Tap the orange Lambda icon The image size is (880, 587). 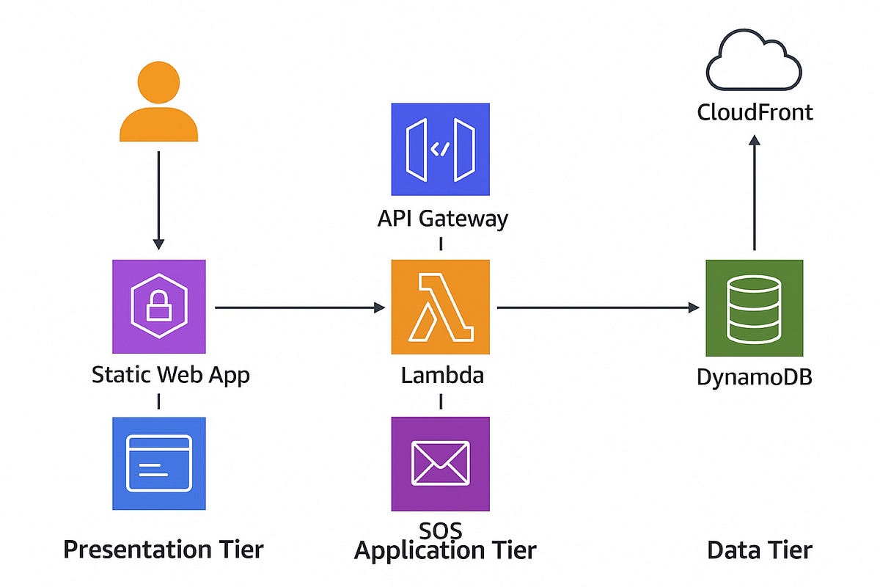pyautogui.click(x=440, y=308)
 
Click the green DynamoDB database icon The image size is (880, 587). pyautogui.click(x=755, y=308)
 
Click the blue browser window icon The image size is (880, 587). pyautogui.click(x=158, y=464)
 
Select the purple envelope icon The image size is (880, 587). pyautogui.click(x=440, y=464)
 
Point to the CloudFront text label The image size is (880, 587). pyautogui.click(x=755, y=112)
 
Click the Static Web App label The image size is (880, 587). pyautogui.click(x=170, y=375)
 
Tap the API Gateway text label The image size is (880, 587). pyautogui.click(x=442, y=219)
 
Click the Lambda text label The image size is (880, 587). pyautogui.click(x=442, y=375)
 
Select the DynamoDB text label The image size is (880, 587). pyautogui.click(x=755, y=378)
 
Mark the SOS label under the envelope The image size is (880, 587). pyautogui.click(x=440, y=528)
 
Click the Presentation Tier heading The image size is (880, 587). pyautogui.click(x=163, y=550)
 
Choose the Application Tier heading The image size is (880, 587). pyautogui.click(x=444, y=550)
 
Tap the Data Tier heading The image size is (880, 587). pyautogui.click(x=759, y=550)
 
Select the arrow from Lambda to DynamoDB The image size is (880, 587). pyautogui.click(x=598, y=308)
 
